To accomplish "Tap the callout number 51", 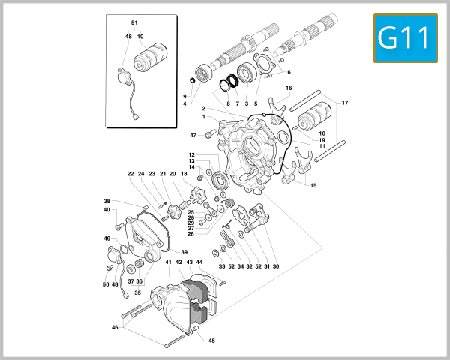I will point(135,23).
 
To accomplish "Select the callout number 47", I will point(193,135).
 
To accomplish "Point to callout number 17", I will point(345,103).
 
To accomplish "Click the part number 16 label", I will point(288,88).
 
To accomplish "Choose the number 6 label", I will point(288,72).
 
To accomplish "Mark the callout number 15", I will point(313,185).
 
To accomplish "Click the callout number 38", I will point(106,201).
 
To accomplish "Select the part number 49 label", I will point(106,238).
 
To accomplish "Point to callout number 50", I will point(106,284).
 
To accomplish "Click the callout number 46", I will point(115,327).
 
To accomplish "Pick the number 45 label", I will point(211,340).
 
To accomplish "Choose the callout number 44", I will point(199,262).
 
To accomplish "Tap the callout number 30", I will point(276,266).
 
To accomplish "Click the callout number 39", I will point(184,252).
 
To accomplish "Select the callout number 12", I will point(192,154).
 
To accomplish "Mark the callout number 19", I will point(322,140).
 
